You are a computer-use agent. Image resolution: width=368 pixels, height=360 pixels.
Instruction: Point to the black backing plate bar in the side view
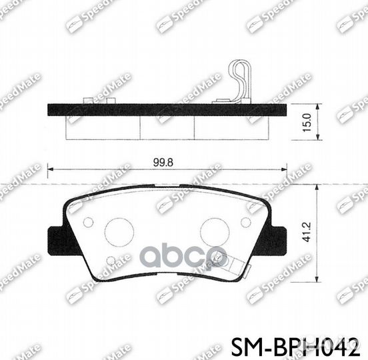[167, 109]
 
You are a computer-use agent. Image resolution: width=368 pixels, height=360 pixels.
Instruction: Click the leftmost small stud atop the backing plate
[87, 101]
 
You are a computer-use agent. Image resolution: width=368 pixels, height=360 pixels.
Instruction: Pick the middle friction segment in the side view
[167, 127]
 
